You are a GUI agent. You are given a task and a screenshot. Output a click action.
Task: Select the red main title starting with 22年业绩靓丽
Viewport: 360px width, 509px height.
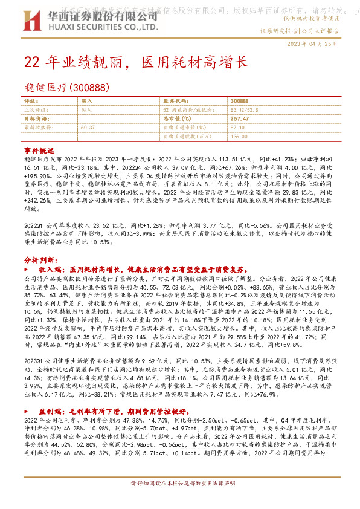pos(135,62)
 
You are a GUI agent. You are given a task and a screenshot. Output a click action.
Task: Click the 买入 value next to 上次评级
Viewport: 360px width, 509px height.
pos(86,110)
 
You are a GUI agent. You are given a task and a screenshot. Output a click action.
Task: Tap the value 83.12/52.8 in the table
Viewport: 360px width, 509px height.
pos(242,110)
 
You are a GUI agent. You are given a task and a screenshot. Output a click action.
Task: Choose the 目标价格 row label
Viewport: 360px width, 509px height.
pos(34,119)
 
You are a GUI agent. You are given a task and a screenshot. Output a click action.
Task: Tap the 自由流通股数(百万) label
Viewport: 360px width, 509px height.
pos(188,137)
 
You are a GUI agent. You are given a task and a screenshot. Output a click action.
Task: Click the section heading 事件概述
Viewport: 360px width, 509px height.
pos(39,149)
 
